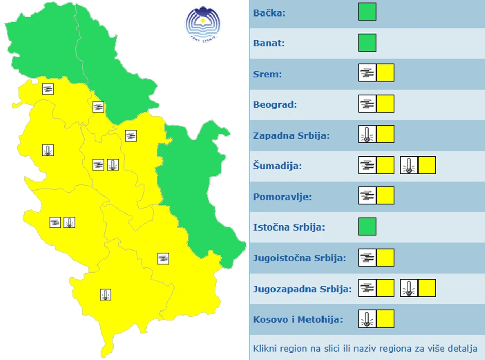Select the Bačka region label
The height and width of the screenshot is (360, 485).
(269, 12)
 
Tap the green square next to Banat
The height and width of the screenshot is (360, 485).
(367, 42)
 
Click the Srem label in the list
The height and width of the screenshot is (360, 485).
(268, 74)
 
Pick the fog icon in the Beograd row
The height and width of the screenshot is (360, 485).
(367, 104)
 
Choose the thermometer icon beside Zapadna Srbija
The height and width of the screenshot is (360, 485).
(367, 134)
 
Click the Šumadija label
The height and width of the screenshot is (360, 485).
(278, 166)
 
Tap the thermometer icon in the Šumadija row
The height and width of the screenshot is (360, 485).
(409, 165)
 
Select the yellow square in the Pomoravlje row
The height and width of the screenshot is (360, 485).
(385, 195)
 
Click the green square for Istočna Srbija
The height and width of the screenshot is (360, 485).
(367, 226)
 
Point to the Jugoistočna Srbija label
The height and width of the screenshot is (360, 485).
(300, 258)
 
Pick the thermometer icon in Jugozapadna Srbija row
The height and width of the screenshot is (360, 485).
(409, 288)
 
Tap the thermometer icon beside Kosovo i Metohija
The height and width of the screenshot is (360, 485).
(367, 319)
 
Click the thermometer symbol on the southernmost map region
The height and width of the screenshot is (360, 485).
(106, 294)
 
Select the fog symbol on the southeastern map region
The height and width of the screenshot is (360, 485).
(164, 258)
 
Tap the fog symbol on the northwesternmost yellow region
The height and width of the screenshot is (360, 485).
(48, 89)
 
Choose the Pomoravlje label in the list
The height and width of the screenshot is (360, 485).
(282, 197)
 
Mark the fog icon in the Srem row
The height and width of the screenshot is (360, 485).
(367, 73)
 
